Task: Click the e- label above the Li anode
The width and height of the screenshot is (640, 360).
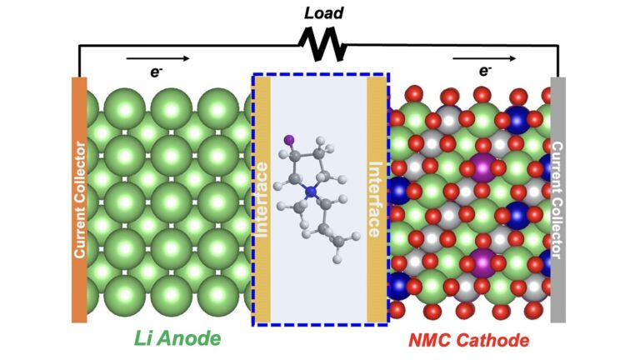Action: pyautogui.click(x=156, y=72)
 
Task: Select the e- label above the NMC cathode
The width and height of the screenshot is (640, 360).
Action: pyautogui.click(x=484, y=72)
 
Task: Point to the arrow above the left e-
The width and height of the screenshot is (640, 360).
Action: pyautogui.click(x=157, y=58)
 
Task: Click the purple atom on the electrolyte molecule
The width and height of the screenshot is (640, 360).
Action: pyautogui.click(x=287, y=139)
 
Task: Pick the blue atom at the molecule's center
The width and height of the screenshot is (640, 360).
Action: pyautogui.click(x=311, y=192)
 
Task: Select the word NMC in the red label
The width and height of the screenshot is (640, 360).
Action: pyautogui.click(x=432, y=341)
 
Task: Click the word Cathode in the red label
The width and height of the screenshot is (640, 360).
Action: pyautogui.click(x=495, y=341)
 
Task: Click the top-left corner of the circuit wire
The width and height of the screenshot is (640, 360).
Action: pyautogui.click(x=79, y=47)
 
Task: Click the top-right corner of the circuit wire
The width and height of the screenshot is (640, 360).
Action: pyautogui.click(x=558, y=47)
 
